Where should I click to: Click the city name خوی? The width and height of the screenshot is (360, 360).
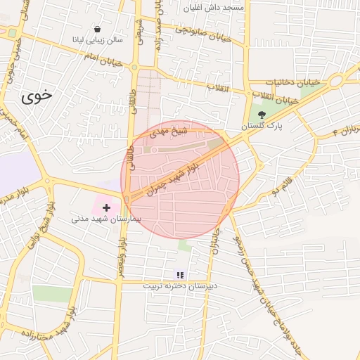[37, 97]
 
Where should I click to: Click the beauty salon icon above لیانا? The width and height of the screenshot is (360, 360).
[96, 29]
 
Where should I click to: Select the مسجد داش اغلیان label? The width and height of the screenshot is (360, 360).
[213, 8]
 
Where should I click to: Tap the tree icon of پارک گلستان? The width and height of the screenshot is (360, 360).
[262, 114]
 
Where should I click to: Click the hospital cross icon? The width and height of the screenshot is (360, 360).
[106, 207]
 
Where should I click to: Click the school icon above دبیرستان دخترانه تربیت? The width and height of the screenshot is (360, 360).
[179, 274]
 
